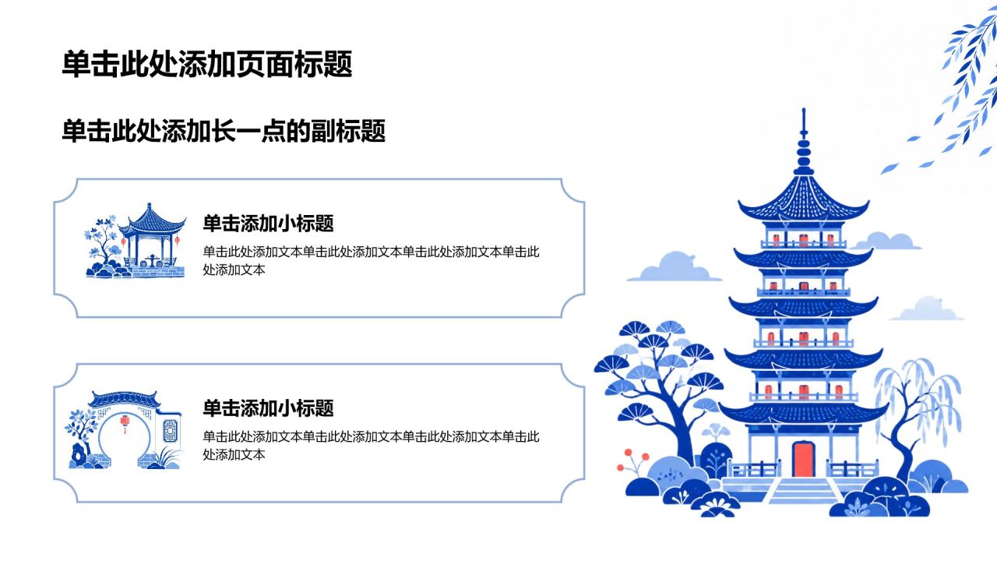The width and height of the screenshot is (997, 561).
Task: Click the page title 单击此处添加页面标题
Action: tap(207, 64)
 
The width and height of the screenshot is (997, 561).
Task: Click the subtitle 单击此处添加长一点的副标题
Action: tap(224, 131)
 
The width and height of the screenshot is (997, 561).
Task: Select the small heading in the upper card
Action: tap(268, 223)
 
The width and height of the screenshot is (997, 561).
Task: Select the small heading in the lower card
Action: tap(268, 408)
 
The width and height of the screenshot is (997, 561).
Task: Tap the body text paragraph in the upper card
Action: tap(371, 260)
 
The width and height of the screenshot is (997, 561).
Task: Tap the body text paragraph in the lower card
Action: tap(371, 445)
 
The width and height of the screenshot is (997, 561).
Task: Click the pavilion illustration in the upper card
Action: tap(136, 241)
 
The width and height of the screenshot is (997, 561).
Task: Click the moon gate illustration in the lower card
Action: tap(125, 430)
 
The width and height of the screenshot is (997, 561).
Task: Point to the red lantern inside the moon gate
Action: tap(125, 423)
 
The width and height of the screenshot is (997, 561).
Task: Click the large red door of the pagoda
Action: tap(803, 459)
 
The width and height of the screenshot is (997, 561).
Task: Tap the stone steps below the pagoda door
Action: tap(803, 491)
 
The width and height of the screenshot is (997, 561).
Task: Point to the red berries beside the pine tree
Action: tap(632, 460)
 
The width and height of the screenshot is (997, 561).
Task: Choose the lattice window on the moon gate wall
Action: tap(170, 431)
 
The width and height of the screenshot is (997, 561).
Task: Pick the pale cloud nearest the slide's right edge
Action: tap(928, 309)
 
